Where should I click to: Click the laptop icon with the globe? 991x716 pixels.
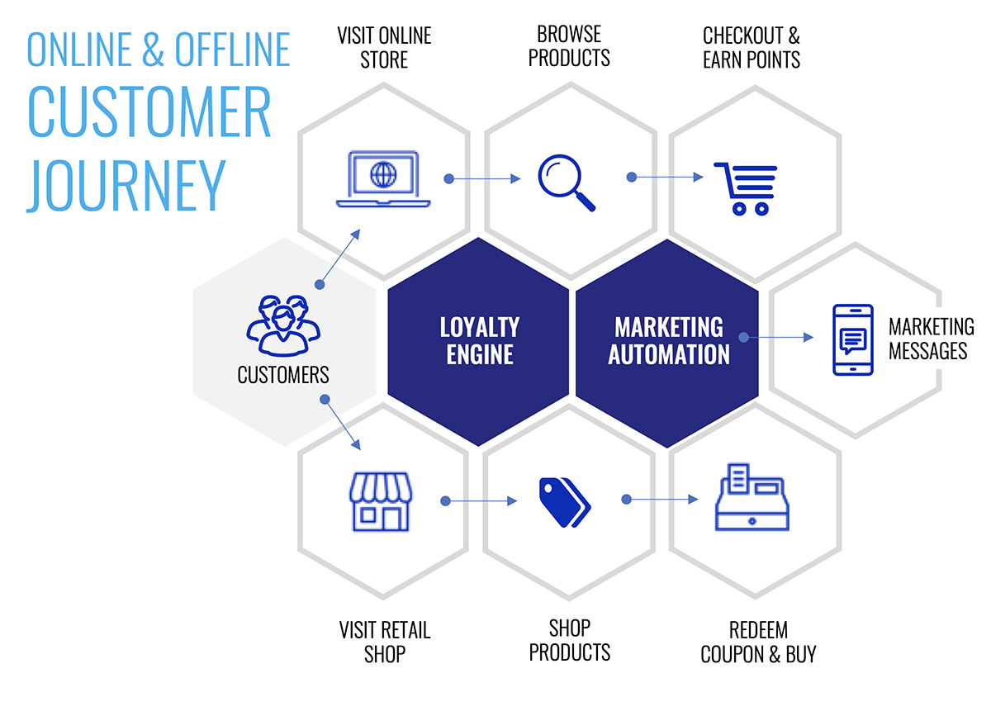(383, 179)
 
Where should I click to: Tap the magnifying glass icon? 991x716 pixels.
(567, 183)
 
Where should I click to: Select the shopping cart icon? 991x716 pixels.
(746, 189)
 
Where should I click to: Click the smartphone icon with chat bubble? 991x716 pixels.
(853, 340)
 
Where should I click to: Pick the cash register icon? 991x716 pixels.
(752, 497)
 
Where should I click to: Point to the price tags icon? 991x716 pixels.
(565, 502)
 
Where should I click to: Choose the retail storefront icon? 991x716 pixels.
(381, 502)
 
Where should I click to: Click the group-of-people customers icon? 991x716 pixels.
(283, 325)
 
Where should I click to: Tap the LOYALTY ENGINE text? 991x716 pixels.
(480, 341)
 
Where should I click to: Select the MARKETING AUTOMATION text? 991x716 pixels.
(668, 341)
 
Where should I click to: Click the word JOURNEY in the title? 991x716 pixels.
(126, 186)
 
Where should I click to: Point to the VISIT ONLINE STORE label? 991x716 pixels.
(384, 48)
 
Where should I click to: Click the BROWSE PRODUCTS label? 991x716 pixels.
(569, 46)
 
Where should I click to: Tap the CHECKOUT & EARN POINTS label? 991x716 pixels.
(752, 48)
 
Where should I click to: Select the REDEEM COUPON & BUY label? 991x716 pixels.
(758, 643)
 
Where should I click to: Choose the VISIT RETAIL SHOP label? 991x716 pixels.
(385, 643)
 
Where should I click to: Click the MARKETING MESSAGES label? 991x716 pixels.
(932, 339)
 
